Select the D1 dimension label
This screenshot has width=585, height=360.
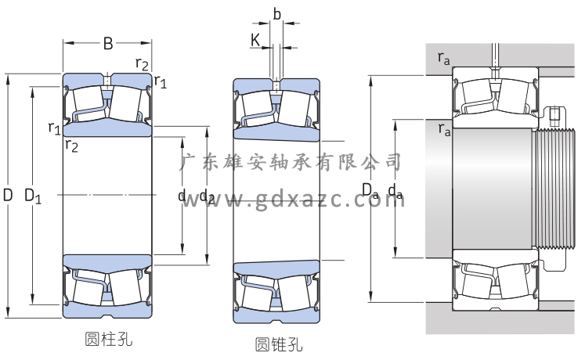tap(33, 196)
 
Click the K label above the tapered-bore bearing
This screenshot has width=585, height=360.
tap(255, 39)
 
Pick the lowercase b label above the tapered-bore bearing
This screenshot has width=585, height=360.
tap(276, 13)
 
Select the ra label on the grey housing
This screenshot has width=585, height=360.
tap(444, 57)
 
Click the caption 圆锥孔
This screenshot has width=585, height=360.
tap(278, 344)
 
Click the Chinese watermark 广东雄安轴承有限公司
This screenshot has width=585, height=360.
tap(290, 162)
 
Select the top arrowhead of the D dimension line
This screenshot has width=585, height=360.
tap(8, 77)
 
